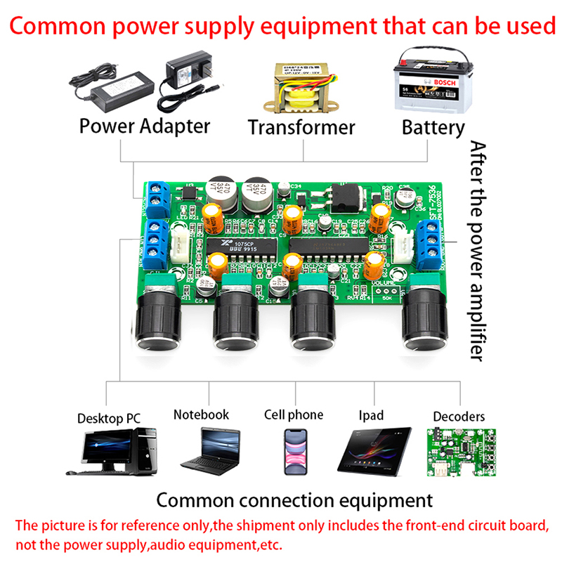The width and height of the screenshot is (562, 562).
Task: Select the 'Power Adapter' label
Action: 145,126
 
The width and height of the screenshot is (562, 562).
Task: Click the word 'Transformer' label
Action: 301,128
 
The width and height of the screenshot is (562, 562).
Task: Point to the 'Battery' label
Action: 433,128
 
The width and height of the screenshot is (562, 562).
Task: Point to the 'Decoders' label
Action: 459,417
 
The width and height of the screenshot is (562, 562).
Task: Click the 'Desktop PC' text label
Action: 109,419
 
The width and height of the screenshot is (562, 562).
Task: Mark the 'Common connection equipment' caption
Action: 294,501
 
